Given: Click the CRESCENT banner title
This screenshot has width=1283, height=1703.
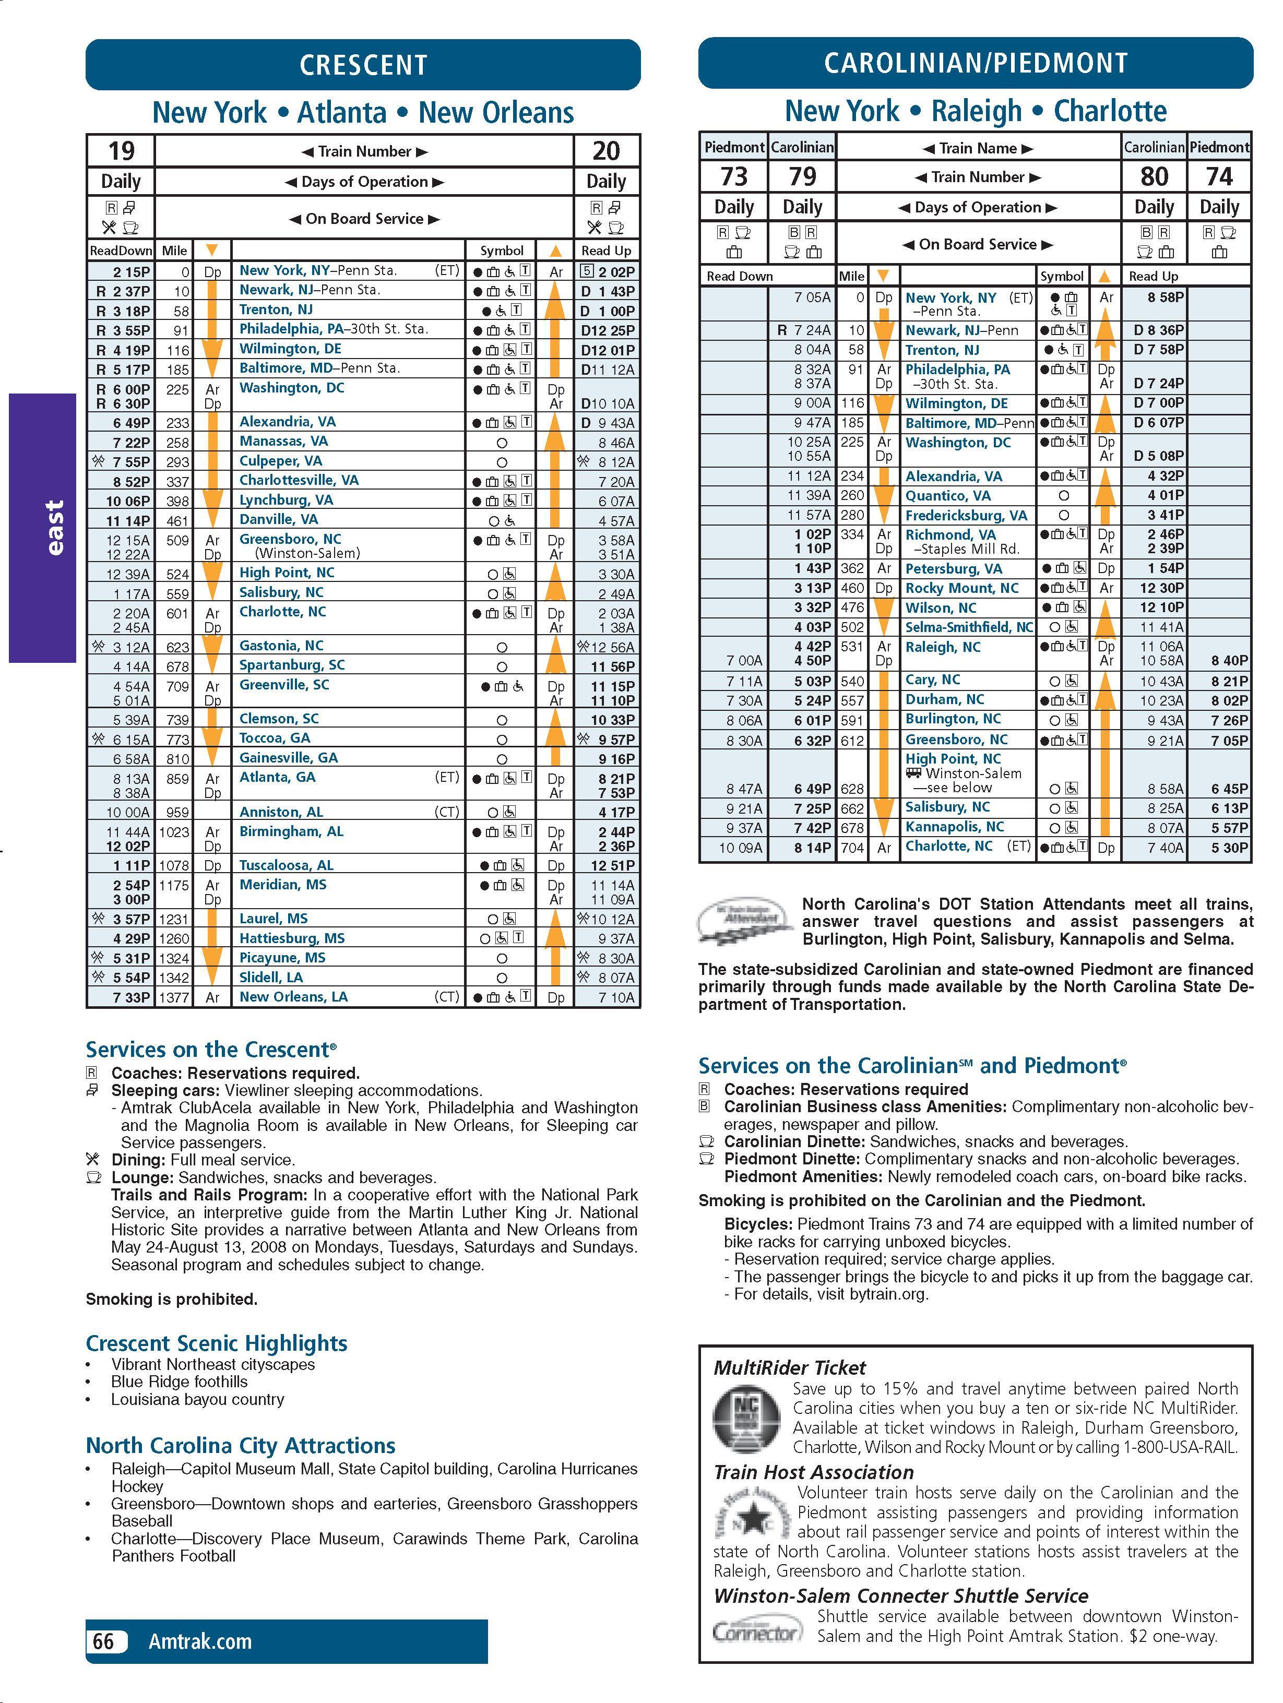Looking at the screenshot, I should click(x=363, y=65).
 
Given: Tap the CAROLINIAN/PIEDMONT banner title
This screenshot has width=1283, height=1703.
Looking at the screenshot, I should click(x=975, y=63).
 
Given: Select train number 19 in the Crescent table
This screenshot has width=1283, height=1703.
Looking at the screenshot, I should click(x=121, y=151).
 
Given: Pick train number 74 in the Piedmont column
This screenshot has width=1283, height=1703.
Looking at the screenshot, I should click(x=1219, y=177).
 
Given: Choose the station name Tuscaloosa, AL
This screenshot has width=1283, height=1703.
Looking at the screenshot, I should click(x=286, y=865).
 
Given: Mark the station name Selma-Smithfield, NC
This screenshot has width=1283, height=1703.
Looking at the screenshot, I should click(x=968, y=627).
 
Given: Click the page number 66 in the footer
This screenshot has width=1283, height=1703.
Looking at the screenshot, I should click(x=103, y=1642).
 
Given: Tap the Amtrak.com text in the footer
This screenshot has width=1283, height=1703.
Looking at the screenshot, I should click(x=200, y=1642).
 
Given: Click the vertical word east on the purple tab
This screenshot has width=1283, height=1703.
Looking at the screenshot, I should click(x=54, y=527).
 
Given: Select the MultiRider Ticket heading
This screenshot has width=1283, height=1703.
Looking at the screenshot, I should click(x=789, y=1368).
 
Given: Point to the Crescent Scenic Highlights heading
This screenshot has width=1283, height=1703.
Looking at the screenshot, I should click(x=217, y=1343).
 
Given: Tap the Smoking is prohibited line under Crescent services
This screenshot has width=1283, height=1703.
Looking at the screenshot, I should click(x=171, y=1300).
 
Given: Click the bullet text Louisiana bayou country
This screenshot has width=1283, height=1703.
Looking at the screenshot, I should click(x=197, y=1400).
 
